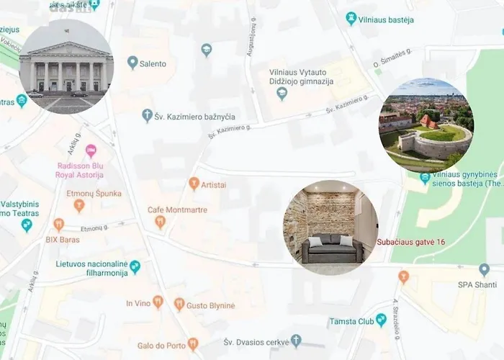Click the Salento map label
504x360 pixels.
153,64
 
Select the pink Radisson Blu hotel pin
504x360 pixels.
91,151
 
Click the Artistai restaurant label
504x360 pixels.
214,184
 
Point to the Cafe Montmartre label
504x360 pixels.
177,210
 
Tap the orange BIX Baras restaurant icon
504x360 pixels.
58,224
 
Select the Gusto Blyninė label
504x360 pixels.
210,305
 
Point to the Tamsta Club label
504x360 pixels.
352,321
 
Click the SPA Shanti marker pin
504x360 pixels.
484,269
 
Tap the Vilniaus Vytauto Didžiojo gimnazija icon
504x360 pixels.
282,94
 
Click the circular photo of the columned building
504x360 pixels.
66,67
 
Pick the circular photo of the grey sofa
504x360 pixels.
330,228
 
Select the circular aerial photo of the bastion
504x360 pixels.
426,125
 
